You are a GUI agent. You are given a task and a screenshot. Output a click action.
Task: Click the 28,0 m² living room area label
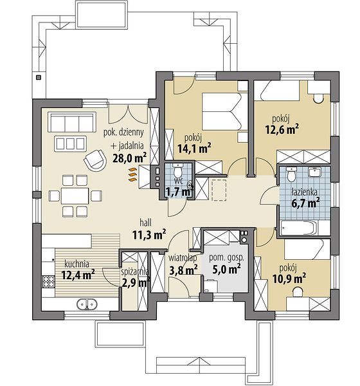(129, 158)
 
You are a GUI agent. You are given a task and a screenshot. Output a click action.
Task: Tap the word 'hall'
(146, 223)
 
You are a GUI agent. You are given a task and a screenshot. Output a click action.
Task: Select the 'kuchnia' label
(76, 264)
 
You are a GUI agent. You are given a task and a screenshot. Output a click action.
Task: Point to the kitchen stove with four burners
(48, 281)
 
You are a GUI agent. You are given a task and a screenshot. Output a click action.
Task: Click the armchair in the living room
(94, 160)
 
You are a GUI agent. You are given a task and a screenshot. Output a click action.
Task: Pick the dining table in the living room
(75, 196)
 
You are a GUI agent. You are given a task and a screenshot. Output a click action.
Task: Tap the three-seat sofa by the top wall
(72, 122)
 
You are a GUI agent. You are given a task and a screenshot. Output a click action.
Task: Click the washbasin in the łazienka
(314, 172)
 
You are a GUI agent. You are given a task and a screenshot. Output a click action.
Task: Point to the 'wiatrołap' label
(183, 258)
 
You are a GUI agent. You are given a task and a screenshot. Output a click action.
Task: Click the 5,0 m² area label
(226, 269)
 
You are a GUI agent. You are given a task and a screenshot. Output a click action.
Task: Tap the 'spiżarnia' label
(135, 271)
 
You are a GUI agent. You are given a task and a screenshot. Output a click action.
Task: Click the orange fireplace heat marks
(132, 174)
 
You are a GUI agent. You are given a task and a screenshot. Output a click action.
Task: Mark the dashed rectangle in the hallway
(219, 190)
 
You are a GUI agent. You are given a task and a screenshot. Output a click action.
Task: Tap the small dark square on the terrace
(39, 78)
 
